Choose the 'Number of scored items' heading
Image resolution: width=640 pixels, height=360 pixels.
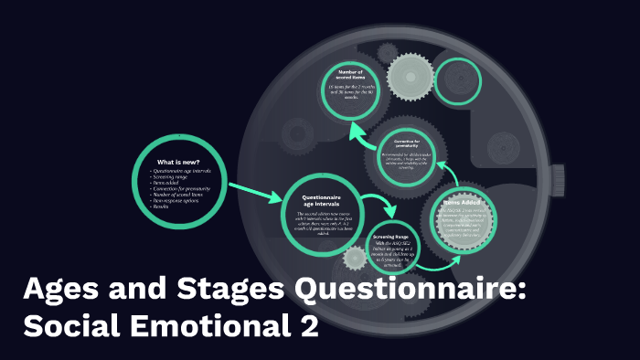[x=350, y=75]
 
